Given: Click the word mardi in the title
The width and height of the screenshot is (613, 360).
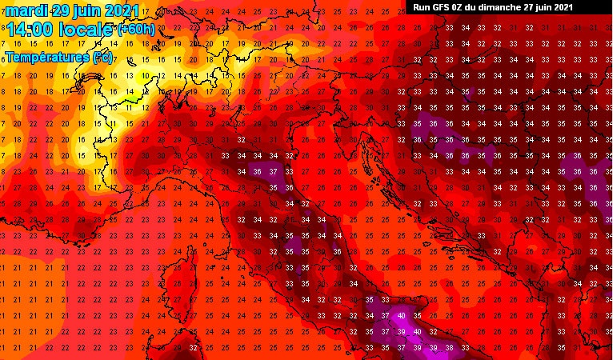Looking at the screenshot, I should tap(26, 11).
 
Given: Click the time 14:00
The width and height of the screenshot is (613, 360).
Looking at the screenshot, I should tap(30, 30).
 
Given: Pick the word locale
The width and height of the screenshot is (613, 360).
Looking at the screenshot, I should tap(86, 30).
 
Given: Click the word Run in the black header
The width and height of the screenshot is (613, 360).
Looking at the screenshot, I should tap(422, 7).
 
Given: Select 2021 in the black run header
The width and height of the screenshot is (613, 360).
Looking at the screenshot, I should tap(563, 7).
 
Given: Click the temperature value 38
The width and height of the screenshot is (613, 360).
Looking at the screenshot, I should tap(449, 347).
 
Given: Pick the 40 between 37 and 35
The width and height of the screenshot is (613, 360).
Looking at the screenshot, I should tap(401, 315).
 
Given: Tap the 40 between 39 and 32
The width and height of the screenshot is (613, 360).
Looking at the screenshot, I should tap(417, 331).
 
